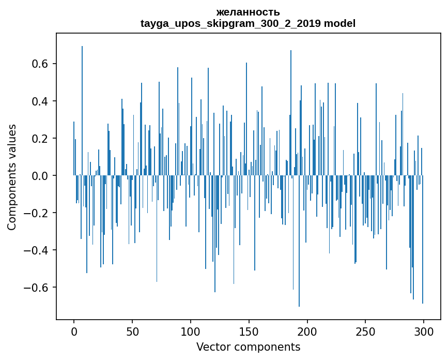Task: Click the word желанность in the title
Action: (248, 12)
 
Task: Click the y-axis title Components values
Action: (12, 177)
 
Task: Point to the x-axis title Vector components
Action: (248, 347)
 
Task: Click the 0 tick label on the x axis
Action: (74, 331)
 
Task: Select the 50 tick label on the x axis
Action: (132, 331)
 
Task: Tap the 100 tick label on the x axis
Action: (191, 331)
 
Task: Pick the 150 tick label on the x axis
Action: (249, 331)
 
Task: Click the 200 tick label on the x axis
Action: (307, 331)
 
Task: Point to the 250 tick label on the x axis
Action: (365, 331)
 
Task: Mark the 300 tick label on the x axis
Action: (424, 331)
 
